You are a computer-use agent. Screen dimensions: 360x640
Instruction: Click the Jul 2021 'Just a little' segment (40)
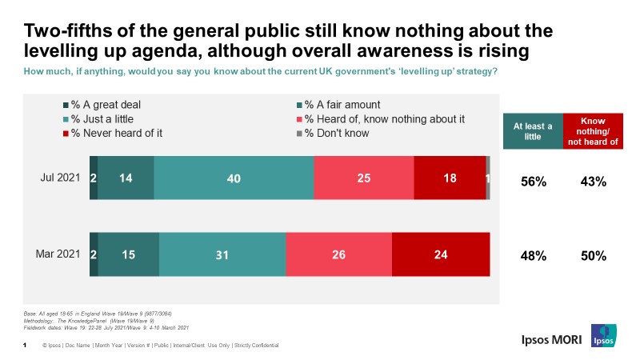coord(234,178)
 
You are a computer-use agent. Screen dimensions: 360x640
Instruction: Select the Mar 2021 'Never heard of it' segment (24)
coord(441,254)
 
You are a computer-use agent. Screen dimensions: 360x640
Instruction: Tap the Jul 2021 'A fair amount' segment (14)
coord(126,178)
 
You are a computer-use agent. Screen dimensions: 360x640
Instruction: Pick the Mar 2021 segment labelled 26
coord(338,254)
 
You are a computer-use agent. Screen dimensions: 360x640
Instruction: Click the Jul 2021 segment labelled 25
coord(364,178)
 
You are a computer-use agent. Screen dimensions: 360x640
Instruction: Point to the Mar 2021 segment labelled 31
coord(222,254)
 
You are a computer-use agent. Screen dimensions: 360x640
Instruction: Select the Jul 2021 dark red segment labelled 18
coord(450,178)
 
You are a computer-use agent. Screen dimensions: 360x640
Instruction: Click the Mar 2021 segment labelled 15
coord(129,254)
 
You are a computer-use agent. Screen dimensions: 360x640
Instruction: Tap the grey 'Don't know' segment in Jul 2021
coord(488,178)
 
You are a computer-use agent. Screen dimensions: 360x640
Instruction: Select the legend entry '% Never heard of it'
coord(112,133)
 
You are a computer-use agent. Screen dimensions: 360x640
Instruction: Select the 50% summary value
coord(593,257)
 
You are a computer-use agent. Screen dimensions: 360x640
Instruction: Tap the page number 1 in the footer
coord(26,345)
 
